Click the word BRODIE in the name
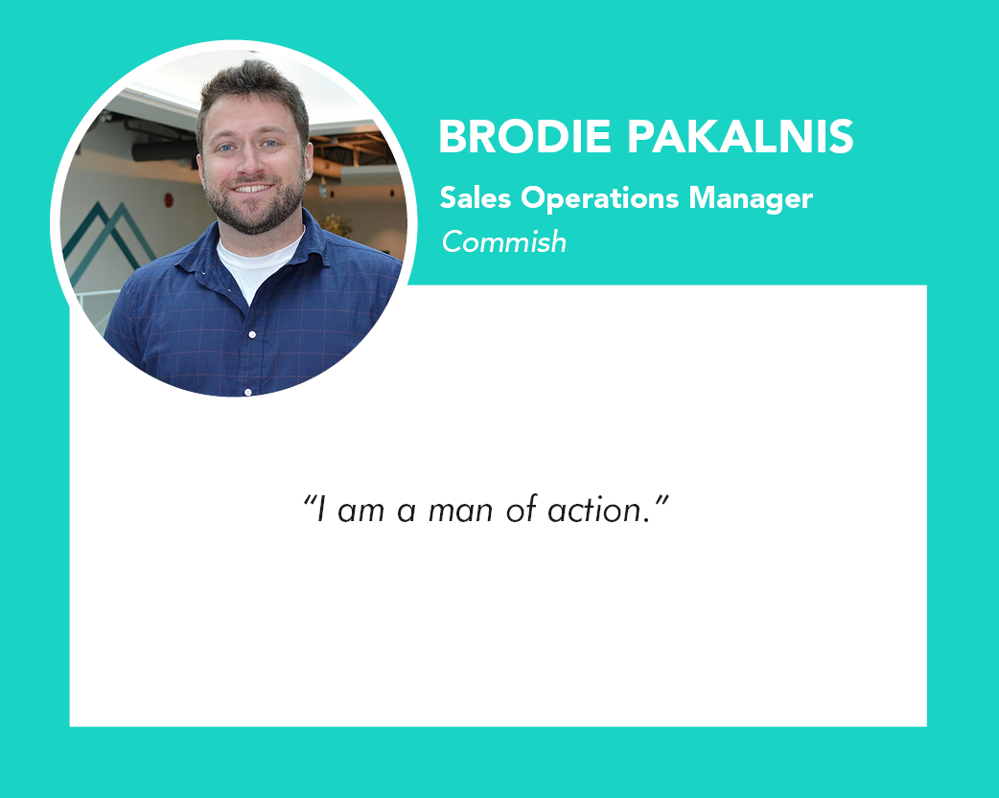click(525, 136)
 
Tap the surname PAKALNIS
click(740, 136)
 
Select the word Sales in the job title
click(476, 197)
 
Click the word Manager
click(751, 199)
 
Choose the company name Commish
click(504, 242)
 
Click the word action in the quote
click(594, 510)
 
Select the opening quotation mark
click(310, 500)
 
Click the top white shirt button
click(252, 334)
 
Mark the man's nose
click(251, 163)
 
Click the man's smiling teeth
click(252, 189)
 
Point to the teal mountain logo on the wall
click(105, 239)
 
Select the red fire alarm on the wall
click(169, 200)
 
